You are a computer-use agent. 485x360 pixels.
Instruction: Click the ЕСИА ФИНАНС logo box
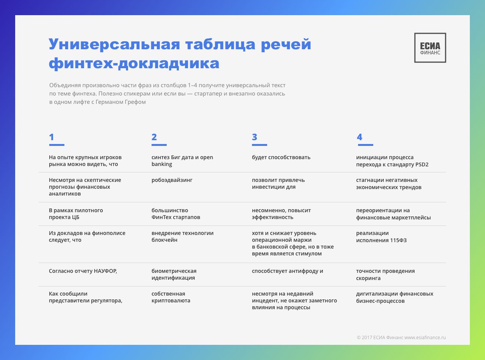point(430,48)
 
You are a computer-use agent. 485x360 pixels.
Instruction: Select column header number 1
point(52,137)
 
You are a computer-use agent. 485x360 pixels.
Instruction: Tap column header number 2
point(154,137)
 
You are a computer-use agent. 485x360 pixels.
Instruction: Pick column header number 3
point(255,137)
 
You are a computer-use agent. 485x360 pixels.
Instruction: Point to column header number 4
point(360,137)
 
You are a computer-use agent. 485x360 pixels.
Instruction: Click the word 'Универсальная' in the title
point(114,44)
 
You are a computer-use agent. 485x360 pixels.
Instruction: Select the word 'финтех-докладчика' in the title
point(134,63)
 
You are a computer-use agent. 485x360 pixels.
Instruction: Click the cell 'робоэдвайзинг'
point(172,180)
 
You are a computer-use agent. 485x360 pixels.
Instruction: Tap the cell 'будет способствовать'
point(281,157)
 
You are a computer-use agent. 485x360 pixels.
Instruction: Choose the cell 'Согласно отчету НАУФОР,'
point(83,271)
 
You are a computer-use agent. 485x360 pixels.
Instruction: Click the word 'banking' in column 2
point(162,164)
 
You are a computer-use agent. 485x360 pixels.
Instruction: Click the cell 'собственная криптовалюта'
point(171,297)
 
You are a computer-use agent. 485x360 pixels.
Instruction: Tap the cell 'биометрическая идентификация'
point(174,274)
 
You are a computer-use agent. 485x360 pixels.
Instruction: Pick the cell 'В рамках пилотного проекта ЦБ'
point(76,214)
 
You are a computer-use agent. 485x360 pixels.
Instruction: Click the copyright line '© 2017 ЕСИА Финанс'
point(380,338)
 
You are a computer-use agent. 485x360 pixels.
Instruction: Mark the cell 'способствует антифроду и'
point(287,271)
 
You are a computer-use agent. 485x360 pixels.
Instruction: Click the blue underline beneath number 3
point(259,145)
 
